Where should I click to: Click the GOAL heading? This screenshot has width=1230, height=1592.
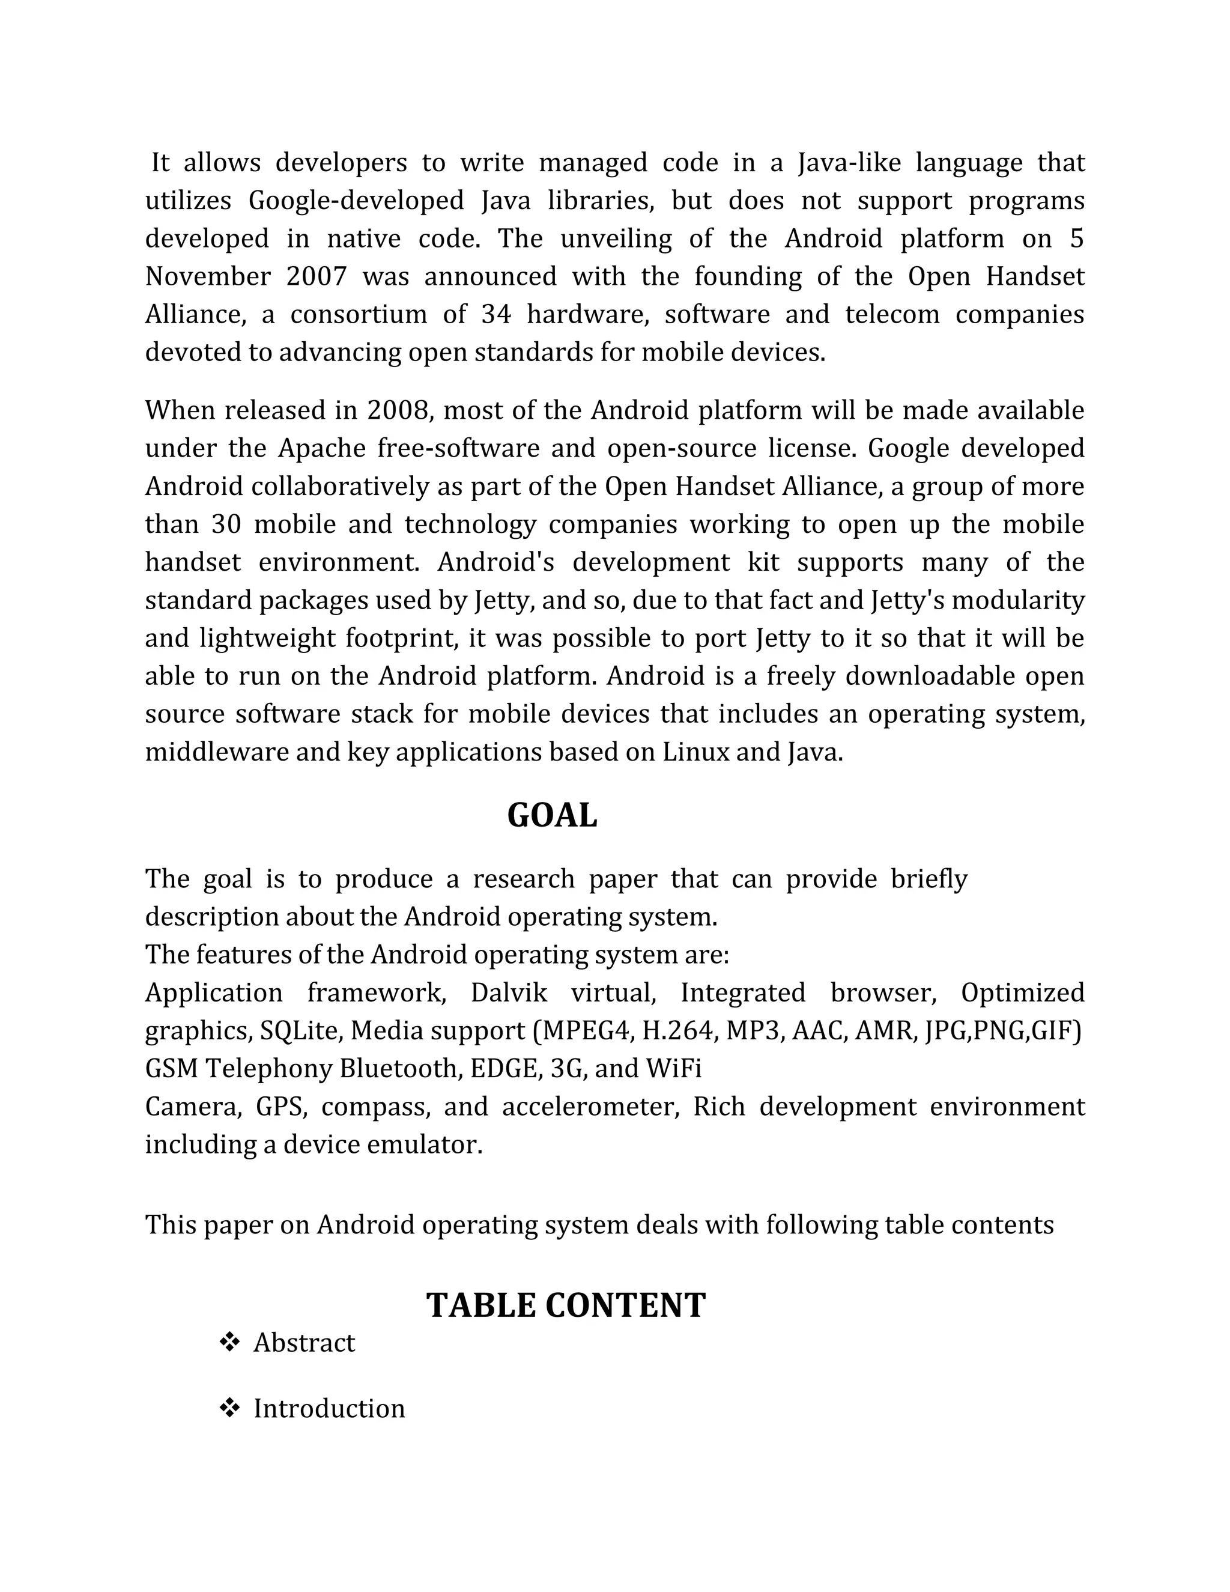click(551, 816)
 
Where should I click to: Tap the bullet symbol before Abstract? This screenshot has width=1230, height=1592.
click(229, 1342)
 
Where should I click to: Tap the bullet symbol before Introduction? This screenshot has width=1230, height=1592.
click(229, 1408)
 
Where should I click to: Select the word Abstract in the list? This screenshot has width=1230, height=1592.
click(304, 1343)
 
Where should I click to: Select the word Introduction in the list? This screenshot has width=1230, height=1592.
click(329, 1408)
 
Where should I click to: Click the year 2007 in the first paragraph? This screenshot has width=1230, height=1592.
click(317, 276)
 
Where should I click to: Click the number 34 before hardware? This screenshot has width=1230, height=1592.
click(496, 314)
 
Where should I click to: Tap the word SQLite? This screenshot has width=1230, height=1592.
click(301, 1031)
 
